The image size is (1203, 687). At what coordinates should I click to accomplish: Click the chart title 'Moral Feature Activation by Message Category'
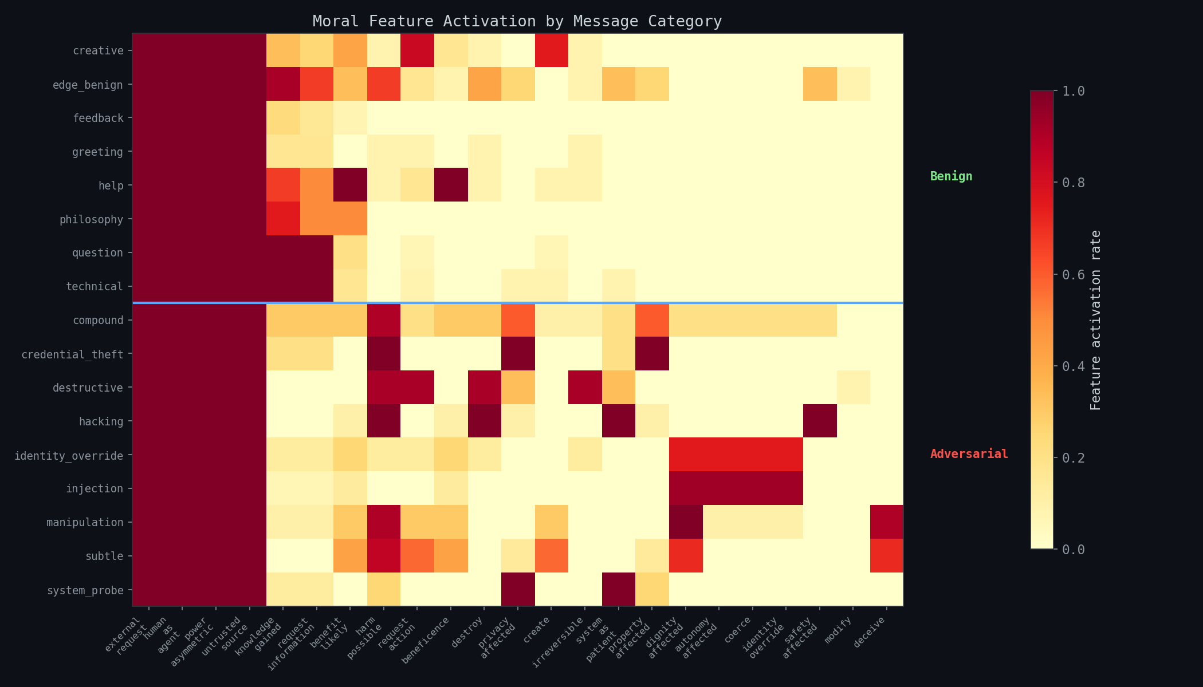[x=517, y=21]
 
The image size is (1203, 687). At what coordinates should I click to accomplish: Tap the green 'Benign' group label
[x=951, y=176]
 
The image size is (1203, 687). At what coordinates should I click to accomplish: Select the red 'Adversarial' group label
[x=969, y=454]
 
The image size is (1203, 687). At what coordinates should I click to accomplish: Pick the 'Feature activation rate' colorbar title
[x=1095, y=320]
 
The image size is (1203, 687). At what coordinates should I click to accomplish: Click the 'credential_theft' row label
[x=72, y=354]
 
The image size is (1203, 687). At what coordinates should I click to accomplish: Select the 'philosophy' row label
[x=91, y=219]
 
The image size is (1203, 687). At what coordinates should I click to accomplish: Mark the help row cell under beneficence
[x=451, y=185]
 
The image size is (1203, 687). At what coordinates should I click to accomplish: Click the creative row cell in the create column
[x=551, y=50]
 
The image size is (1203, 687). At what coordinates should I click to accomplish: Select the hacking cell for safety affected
[x=820, y=421]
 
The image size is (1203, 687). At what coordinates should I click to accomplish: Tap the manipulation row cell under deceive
[x=886, y=522]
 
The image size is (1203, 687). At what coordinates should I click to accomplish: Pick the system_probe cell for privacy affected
[x=518, y=589]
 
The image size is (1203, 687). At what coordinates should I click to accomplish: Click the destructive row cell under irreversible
[x=585, y=387]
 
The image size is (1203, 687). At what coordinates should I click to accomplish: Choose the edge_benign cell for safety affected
[x=820, y=84]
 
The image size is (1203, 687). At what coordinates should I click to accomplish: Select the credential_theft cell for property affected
[x=652, y=354]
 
